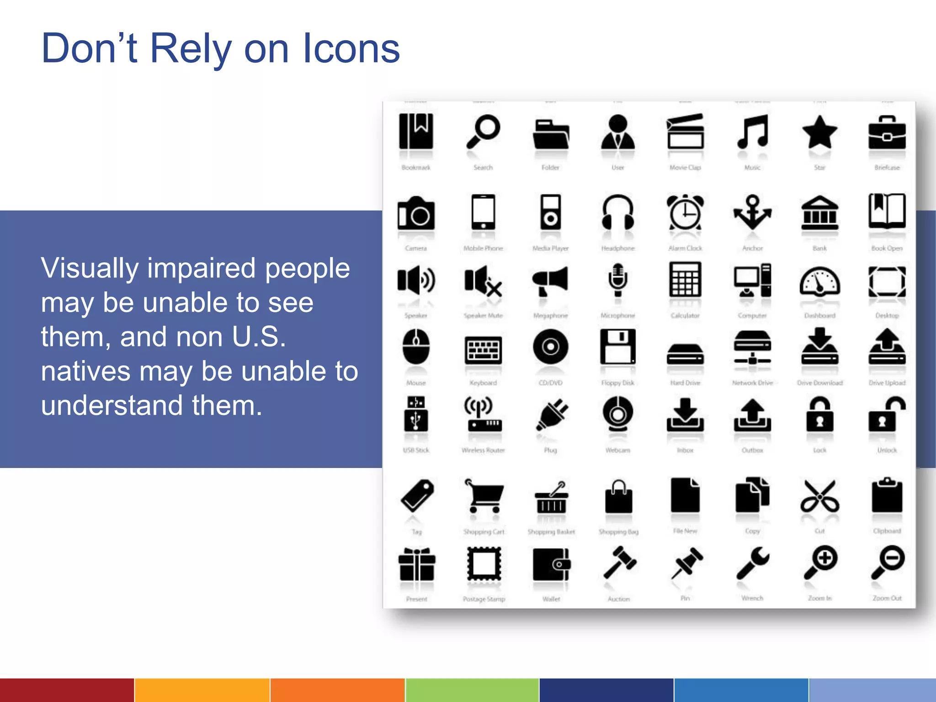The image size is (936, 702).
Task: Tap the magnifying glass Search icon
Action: coord(483,132)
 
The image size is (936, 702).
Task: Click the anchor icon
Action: coord(752,213)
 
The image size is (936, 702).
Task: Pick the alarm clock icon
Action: coord(685,213)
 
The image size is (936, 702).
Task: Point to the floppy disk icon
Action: coord(618,347)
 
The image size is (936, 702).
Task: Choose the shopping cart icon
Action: coord(483,496)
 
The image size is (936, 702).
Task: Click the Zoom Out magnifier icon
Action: coord(887,563)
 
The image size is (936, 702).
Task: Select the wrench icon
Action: coord(752,563)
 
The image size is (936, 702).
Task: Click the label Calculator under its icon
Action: coord(685,315)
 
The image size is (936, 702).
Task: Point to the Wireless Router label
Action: coord(483,450)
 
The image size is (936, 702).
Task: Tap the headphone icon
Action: coord(618,213)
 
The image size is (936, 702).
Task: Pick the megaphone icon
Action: coord(550,280)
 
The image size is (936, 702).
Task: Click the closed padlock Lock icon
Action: coord(819,415)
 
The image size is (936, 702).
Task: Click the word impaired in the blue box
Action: coord(202,268)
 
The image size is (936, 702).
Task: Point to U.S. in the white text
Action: coord(259,337)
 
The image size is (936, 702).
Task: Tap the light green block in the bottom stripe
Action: coord(472,690)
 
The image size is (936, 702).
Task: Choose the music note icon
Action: coord(752,132)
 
